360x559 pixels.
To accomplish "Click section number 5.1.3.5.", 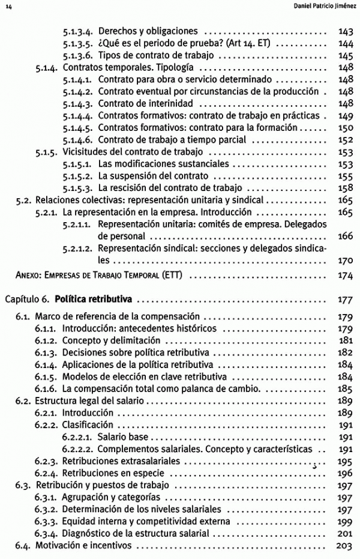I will pos(77,43).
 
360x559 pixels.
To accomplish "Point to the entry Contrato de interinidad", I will pos(142,103).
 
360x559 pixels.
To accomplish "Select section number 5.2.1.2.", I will pos(77,248).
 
